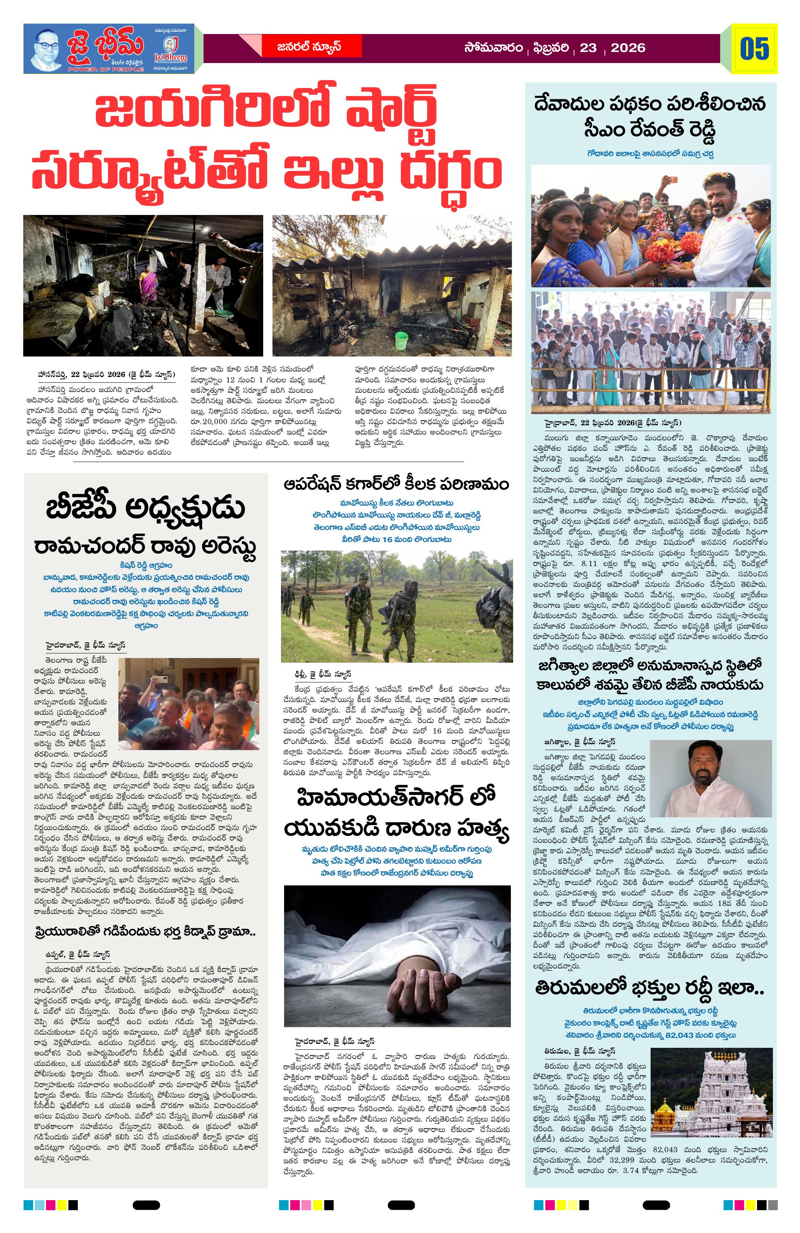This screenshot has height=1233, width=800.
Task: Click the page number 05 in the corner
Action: pyautogui.click(x=754, y=49)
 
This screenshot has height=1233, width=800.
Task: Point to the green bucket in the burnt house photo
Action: pyautogui.click(x=401, y=340)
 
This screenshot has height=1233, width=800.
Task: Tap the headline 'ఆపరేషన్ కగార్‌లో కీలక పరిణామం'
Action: pyautogui.click(x=397, y=484)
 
